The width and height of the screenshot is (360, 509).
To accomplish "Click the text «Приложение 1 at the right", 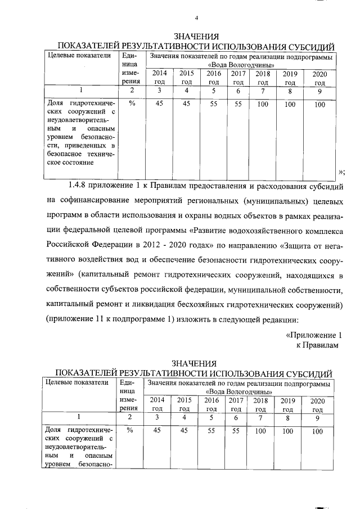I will pos(314,335).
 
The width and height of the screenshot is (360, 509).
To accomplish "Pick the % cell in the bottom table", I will pos(130,430).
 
